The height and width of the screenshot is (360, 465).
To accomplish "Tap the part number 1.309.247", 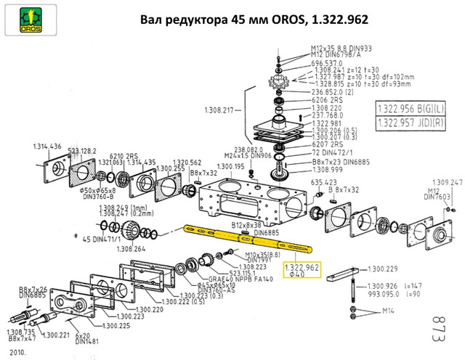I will click(x=447, y=181).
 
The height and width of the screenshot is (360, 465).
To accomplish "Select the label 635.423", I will click(x=325, y=181).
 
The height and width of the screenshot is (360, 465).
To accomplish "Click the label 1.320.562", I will click(x=185, y=163).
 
